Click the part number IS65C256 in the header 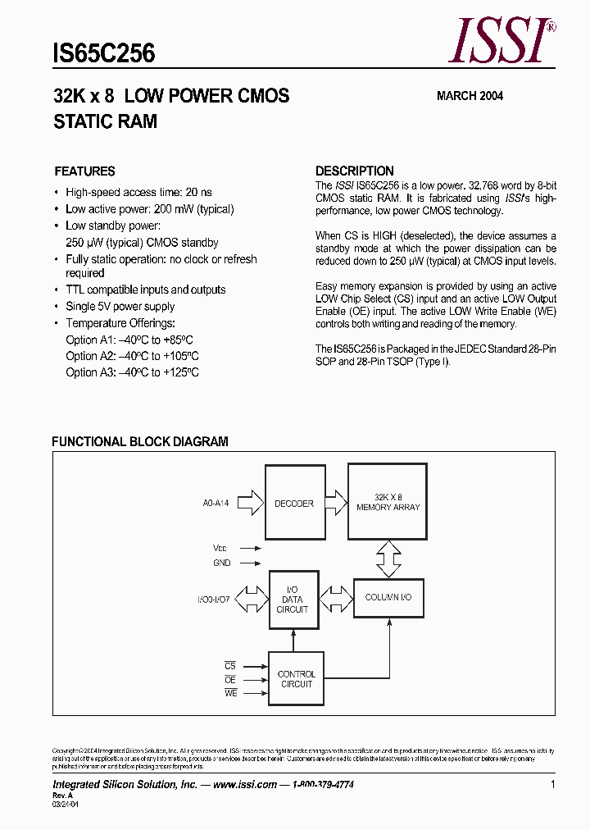(x=104, y=54)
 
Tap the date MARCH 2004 (x=470, y=96)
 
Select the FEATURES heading (x=84, y=171)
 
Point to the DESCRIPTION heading (x=355, y=171)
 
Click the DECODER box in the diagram (x=294, y=503)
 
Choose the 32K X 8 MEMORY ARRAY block (x=388, y=502)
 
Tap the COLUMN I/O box (x=388, y=597)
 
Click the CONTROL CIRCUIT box (x=296, y=679)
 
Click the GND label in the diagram (x=222, y=563)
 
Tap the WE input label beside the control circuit (x=230, y=694)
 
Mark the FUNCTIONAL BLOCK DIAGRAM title (x=140, y=441)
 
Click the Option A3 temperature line (x=132, y=372)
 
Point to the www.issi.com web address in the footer (x=244, y=785)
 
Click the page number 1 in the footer (x=553, y=785)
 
